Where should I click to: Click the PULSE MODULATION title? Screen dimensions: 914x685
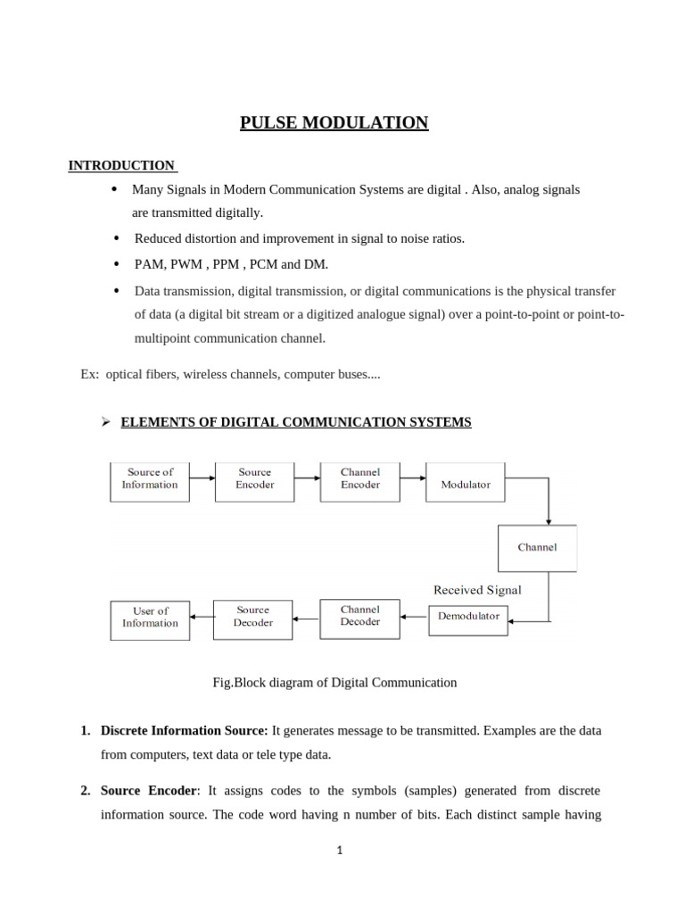coord(334,122)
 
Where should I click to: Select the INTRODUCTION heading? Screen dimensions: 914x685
coord(122,165)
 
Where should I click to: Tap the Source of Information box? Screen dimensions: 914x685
coord(150,480)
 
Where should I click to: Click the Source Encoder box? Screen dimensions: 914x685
coord(254,480)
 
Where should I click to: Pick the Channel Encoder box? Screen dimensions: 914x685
coord(359,480)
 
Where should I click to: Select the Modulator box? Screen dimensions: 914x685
coord(465,482)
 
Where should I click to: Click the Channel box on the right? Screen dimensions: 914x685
coord(537,547)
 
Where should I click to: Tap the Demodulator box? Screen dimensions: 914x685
coord(468,618)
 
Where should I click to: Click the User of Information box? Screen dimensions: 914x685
coord(150,619)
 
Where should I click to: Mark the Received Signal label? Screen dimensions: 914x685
coord(477,590)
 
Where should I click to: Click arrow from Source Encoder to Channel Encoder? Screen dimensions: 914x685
coord(307,478)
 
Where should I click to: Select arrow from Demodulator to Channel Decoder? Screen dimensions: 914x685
coord(414,616)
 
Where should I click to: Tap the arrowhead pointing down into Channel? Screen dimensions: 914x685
coord(549,520)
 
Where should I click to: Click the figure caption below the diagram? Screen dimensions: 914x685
coord(334,683)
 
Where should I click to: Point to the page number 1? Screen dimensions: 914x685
coord(340,851)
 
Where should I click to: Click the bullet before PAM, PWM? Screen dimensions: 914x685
coord(116,264)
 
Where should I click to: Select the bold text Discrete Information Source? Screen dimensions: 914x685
coord(184,730)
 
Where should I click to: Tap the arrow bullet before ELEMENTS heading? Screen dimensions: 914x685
coord(104,422)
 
